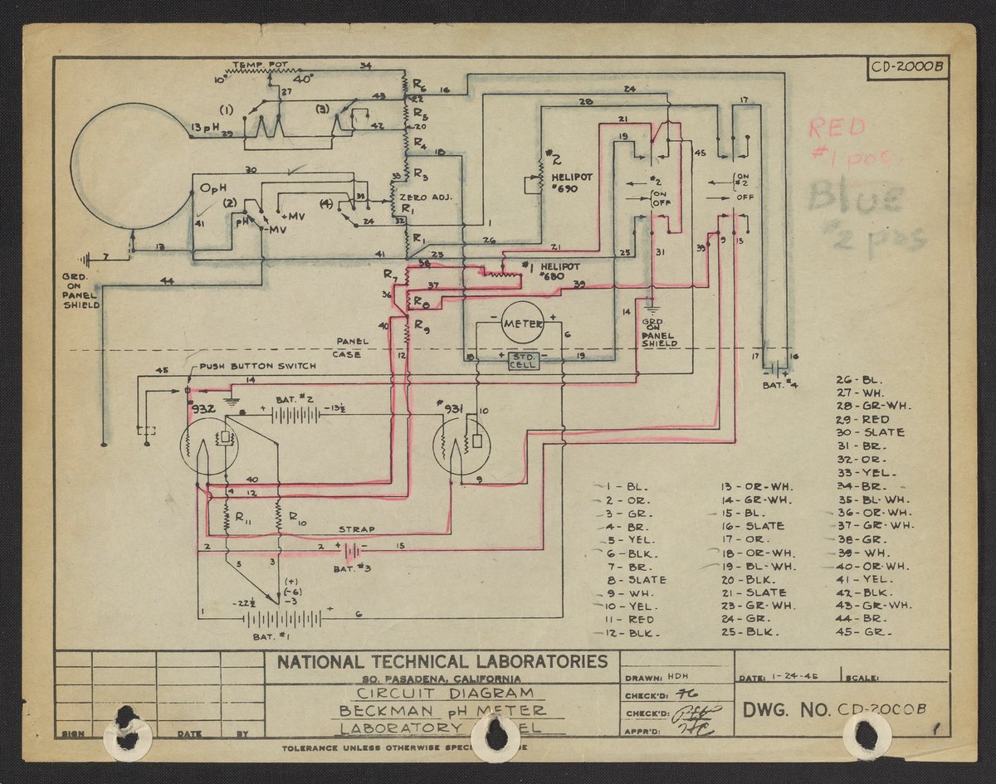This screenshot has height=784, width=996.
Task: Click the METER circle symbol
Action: pos(523,322)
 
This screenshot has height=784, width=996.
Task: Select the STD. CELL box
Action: pos(523,359)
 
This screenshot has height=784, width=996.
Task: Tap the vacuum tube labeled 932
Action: pos(208,446)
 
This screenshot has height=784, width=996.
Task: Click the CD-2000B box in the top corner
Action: pos(909,68)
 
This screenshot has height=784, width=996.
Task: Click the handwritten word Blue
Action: pos(855,198)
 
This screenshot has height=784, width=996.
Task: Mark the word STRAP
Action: pos(356,529)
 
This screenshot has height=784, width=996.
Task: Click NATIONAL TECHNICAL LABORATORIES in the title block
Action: pos(442,662)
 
